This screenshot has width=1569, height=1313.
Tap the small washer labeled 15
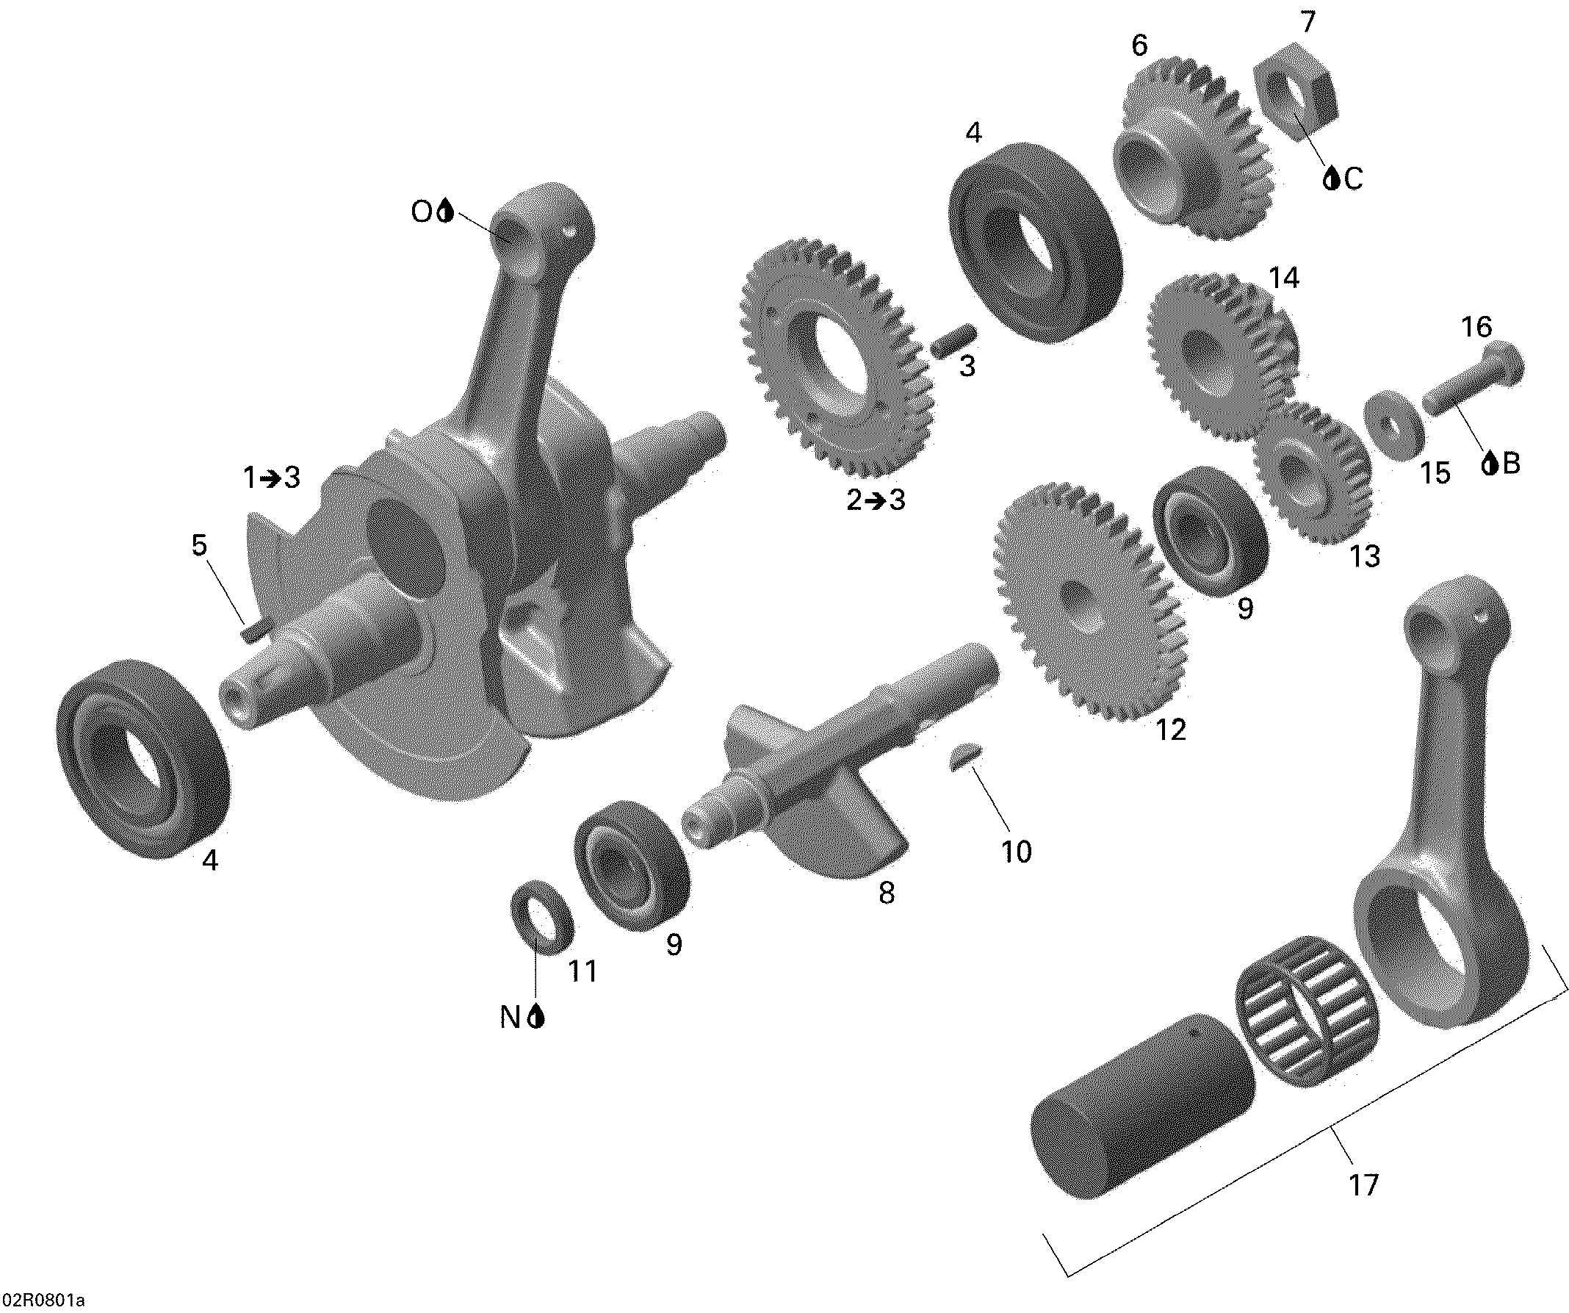1393,425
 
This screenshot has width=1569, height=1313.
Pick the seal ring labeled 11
542,918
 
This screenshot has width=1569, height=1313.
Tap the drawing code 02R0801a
43,1301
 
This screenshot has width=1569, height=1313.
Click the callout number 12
1171,730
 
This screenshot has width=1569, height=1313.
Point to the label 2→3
876,500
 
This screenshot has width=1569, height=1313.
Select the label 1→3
271,477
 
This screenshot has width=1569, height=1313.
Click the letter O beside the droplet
422,212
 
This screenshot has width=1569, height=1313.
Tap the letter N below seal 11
510,1017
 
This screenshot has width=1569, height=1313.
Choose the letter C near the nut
1353,179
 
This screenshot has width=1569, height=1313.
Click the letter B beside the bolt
1511,464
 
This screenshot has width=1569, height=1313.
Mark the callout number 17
1363,1185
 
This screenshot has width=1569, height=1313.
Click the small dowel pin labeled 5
250,633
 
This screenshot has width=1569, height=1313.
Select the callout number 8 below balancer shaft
886,892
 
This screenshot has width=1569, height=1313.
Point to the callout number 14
1284,278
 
